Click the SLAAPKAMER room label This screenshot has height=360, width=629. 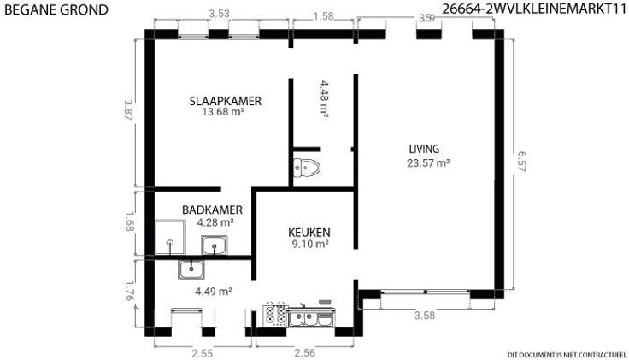click(x=226, y=101)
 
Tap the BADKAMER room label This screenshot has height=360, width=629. click(x=212, y=210)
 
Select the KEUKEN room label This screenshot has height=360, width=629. click(x=309, y=233)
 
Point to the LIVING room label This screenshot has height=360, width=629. click(x=424, y=149)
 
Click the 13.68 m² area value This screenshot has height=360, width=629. click(x=223, y=112)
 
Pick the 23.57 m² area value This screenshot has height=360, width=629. click(x=428, y=163)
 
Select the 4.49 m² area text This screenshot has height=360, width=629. click(x=214, y=292)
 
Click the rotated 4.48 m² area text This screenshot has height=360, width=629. click(x=325, y=98)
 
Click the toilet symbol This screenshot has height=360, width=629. click(x=307, y=168)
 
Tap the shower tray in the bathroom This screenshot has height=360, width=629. click(x=170, y=237)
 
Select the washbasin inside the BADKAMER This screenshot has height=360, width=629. click(x=215, y=245)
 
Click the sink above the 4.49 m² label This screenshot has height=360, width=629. click(x=191, y=269)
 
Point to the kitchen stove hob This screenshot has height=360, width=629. click(x=275, y=314)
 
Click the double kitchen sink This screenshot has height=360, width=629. click(x=311, y=316)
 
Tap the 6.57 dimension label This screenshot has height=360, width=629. click(x=521, y=161)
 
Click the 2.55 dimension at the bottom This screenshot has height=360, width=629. click(x=203, y=353)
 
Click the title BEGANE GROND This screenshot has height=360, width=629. click(x=56, y=9)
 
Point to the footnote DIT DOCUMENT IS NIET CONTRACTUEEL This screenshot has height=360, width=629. click(x=567, y=355)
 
